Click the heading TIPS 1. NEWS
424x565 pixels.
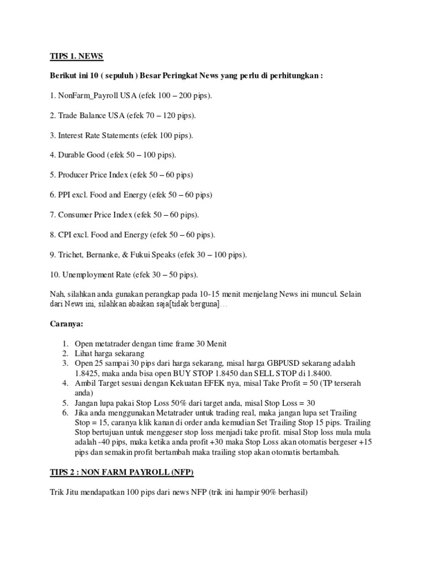[73, 57]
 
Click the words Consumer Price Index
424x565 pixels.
[94, 215]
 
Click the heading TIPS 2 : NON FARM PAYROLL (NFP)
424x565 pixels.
[118, 472]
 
